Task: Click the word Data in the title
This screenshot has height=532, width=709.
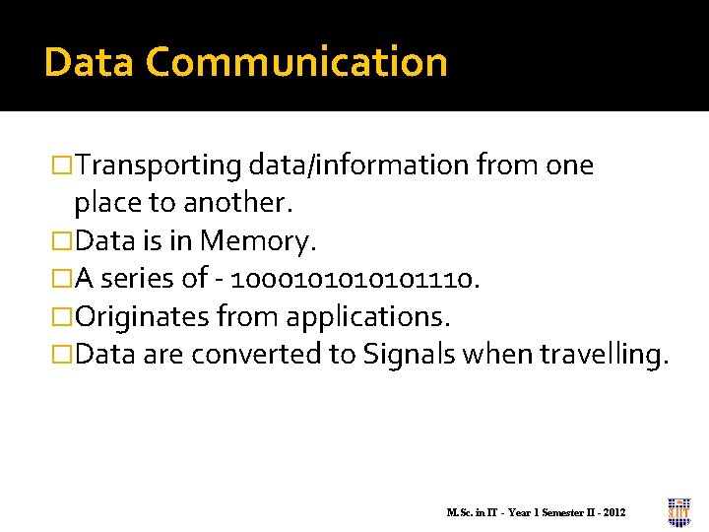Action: point(90,62)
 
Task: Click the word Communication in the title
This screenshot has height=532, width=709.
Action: point(296,62)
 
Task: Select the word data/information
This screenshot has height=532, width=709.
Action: point(360,166)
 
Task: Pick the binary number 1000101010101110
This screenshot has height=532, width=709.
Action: point(353,280)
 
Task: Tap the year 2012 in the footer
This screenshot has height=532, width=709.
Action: point(612,513)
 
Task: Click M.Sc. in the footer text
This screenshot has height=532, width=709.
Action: point(460,513)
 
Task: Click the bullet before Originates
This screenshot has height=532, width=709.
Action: point(62,317)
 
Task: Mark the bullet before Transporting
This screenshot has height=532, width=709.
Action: point(62,166)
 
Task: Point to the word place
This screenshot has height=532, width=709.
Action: point(105,203)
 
